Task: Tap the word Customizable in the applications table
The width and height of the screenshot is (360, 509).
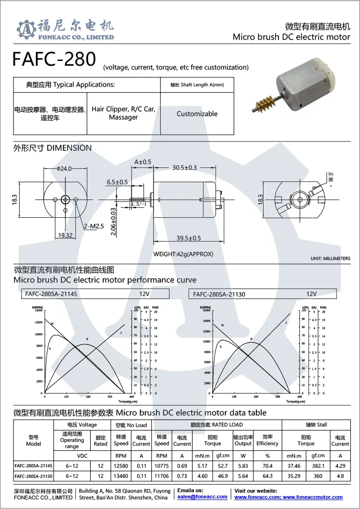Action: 197,114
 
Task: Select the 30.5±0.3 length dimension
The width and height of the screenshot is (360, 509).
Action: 184,167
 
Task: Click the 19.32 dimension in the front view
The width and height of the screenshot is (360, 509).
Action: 65,235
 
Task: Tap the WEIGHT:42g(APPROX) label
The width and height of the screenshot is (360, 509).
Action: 183,254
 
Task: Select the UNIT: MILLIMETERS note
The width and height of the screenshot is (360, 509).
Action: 330,259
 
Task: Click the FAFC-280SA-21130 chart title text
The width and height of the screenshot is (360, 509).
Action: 219,294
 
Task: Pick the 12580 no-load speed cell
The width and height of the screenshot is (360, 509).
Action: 121,466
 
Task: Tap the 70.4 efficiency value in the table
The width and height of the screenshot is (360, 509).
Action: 267,466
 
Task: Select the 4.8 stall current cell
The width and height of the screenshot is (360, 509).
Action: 340,476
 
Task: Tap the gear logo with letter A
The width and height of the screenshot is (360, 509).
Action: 26,30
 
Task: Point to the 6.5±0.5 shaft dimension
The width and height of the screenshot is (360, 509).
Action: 117,182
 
